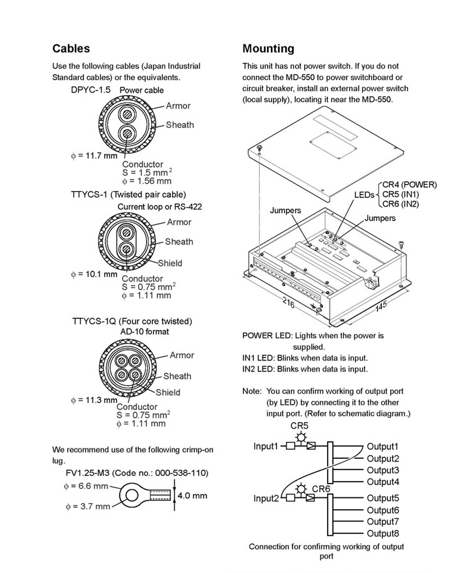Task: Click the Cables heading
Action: point(71,48)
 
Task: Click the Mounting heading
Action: point(268,48)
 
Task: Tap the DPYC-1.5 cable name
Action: point(91,89)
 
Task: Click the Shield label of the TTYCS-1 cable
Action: point(170,263)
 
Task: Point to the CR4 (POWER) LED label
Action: point(410,184)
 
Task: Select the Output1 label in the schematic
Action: point(382,447)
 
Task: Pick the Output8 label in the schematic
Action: point(382,533)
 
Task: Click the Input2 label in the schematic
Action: point(266,499)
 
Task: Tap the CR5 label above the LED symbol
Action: point(300,426)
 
